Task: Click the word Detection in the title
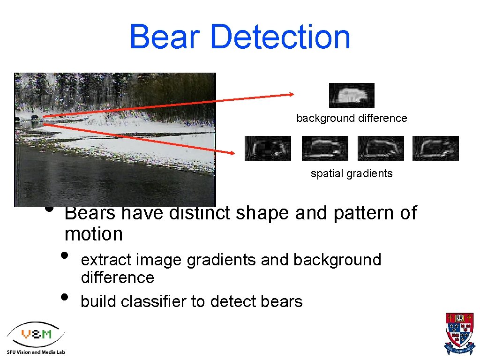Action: tap(280, 37)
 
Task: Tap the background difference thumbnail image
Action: tap(352, 95)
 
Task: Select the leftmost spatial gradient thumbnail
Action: tap(268, 149)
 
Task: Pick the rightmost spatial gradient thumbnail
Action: tap(435, 149)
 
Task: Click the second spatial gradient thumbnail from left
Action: tap(325, 149)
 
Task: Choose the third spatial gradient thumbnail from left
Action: tap(381, 149)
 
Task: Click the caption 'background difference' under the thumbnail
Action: tap(352, 118)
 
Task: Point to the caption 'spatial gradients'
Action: tap(352, 173)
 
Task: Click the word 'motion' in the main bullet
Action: tap(94, 233)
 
